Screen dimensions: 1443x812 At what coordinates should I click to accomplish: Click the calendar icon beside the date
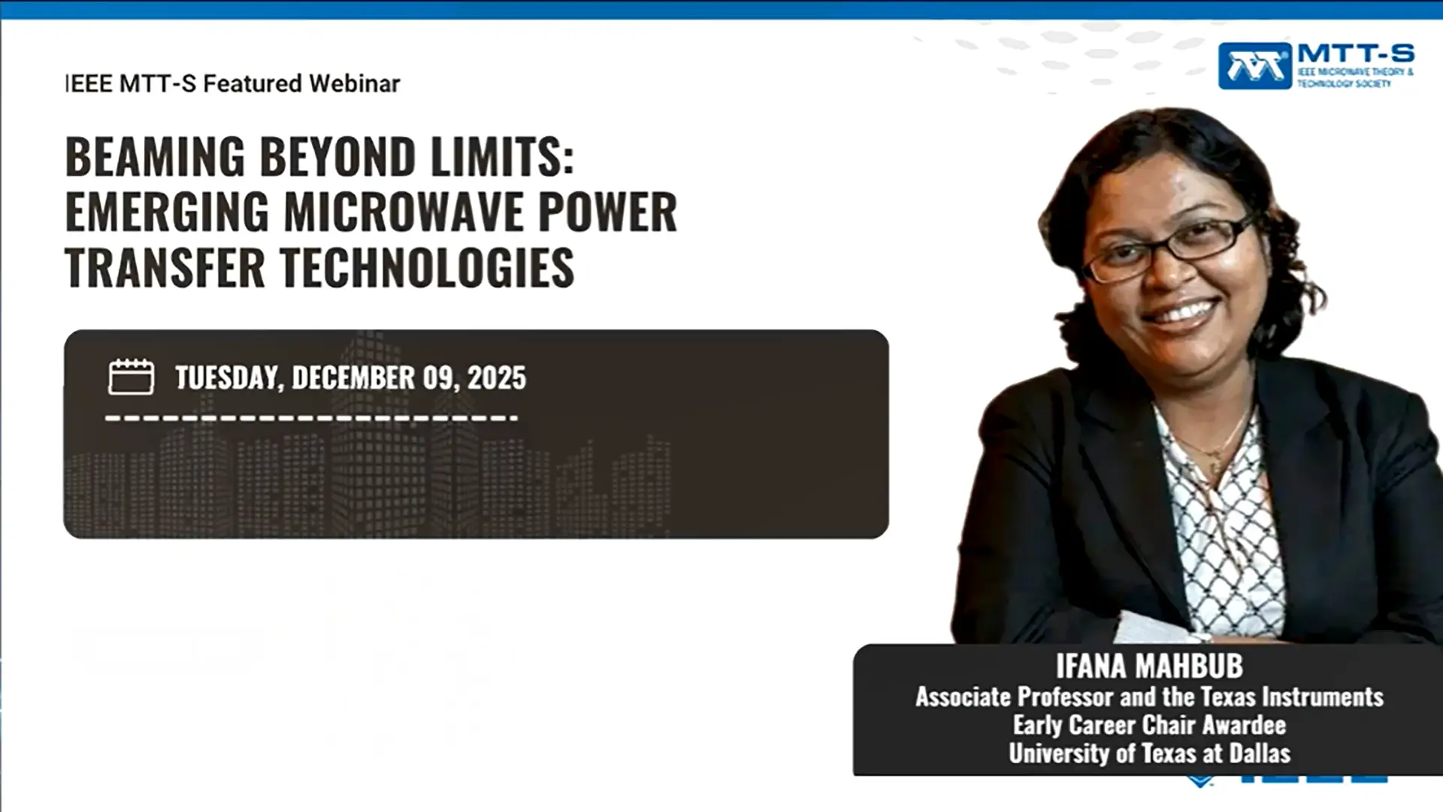tap(131, 376)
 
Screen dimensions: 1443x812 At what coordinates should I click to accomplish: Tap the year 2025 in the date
tap(497, 377)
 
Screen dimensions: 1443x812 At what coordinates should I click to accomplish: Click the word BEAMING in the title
tap(156, 156)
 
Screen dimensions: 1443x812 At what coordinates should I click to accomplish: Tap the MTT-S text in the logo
tap(1356, 53)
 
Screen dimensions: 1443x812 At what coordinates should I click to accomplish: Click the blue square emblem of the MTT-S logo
tap(1255, 66)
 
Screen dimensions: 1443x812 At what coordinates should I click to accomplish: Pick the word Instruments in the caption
tap(1323, 697)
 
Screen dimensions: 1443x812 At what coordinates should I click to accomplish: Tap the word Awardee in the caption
tap(1244, 725)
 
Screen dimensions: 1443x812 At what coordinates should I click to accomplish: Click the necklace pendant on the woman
tap(1211, 453)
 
